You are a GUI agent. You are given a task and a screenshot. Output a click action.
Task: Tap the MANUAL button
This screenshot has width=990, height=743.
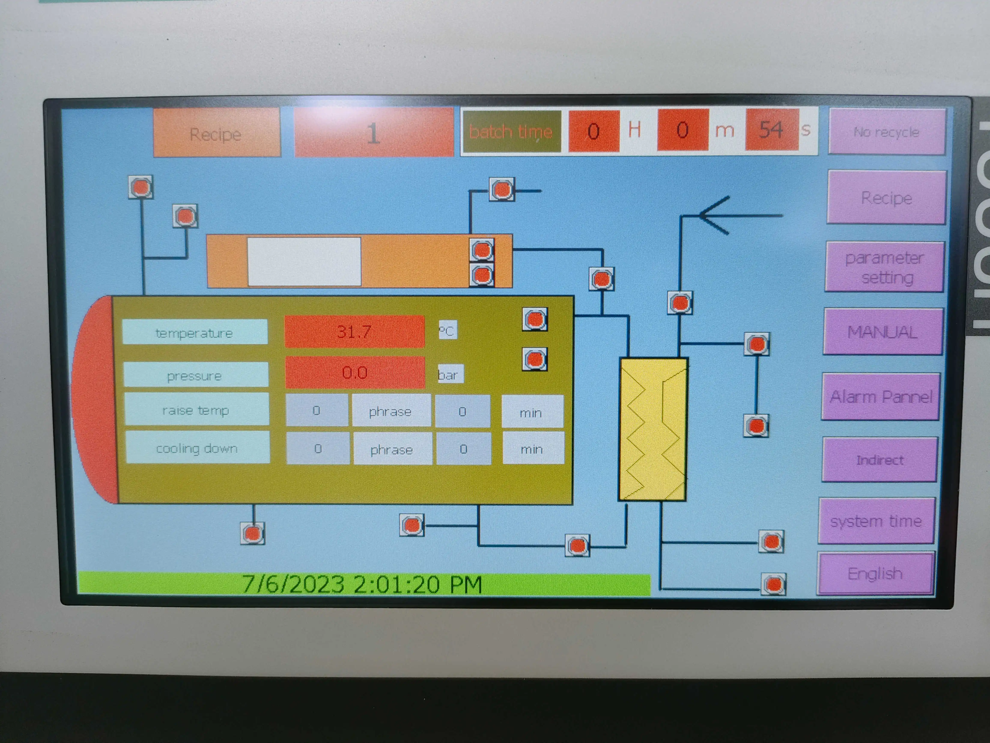tap(883, 332)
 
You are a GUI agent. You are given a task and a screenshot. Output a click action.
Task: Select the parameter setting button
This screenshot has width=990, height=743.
tap(884, 267)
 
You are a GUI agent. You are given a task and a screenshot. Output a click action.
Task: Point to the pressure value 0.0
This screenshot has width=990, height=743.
tap(355, 372)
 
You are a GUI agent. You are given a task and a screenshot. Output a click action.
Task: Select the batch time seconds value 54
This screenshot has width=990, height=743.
tap(771, 130)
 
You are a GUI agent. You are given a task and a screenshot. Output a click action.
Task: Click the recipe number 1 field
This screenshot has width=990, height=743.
tap(373, 133)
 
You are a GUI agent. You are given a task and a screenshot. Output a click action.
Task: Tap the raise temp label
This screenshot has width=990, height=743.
tap(196, 410)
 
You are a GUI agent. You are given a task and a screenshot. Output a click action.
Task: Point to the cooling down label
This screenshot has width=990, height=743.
tap(197, 448)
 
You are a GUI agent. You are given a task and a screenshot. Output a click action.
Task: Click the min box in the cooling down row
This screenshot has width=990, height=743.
tap(532, 449)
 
